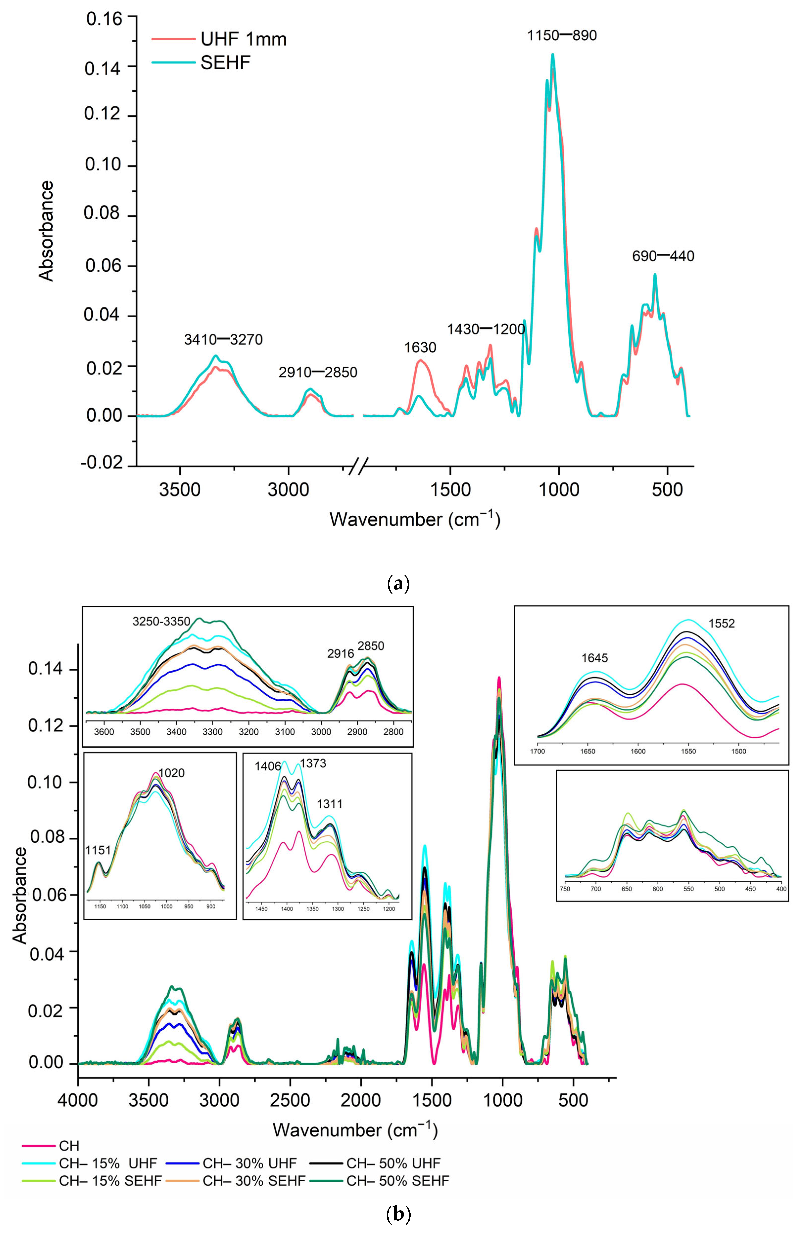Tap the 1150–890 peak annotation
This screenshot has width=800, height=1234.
pos(562,36)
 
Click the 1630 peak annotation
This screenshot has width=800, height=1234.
pos(420,347)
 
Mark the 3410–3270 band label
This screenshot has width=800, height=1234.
pos(223,340)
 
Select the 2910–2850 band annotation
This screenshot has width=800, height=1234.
pos(317,372)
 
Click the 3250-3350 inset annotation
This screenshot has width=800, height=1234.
pos(161,622)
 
